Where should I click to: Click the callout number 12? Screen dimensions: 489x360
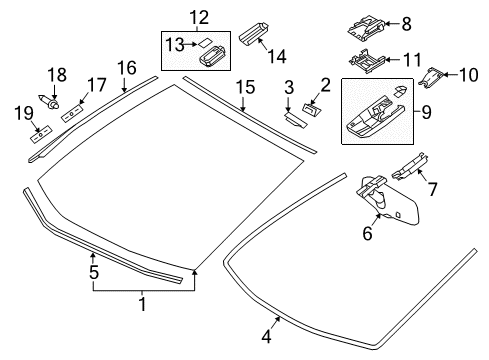[199, 17]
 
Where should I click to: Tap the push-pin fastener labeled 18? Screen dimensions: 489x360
[49, 102]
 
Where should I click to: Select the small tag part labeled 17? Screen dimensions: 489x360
[72, 113]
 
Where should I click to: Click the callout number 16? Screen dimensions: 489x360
[127, 68]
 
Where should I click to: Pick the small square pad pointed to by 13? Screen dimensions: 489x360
[205, 43]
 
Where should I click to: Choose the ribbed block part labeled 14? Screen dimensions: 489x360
[254, 33]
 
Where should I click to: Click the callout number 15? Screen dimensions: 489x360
[245, 87]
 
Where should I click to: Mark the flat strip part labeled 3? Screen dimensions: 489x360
[296, 120]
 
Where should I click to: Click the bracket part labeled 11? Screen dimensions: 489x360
[367, 60]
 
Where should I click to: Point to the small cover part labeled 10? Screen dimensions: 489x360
[431, 78]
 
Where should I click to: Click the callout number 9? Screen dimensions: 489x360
[426, 112]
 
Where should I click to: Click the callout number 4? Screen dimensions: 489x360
[266, 336]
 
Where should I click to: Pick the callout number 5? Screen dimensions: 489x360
[94, 272]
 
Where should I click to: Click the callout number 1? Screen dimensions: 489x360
[142, 304]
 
